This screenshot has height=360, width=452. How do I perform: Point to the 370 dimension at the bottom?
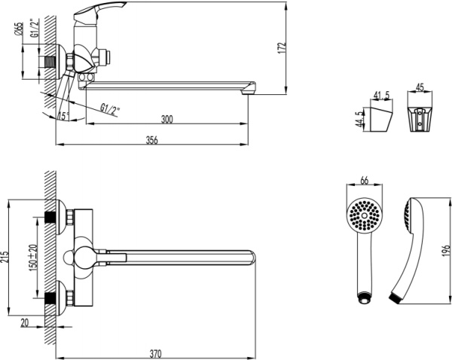[156, 350]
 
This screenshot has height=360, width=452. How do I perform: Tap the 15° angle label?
[63, 115]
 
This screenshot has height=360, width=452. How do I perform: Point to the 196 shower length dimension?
[445, 249]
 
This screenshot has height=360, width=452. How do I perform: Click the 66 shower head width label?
[364, 182]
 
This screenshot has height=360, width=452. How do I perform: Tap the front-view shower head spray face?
[364, 215]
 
